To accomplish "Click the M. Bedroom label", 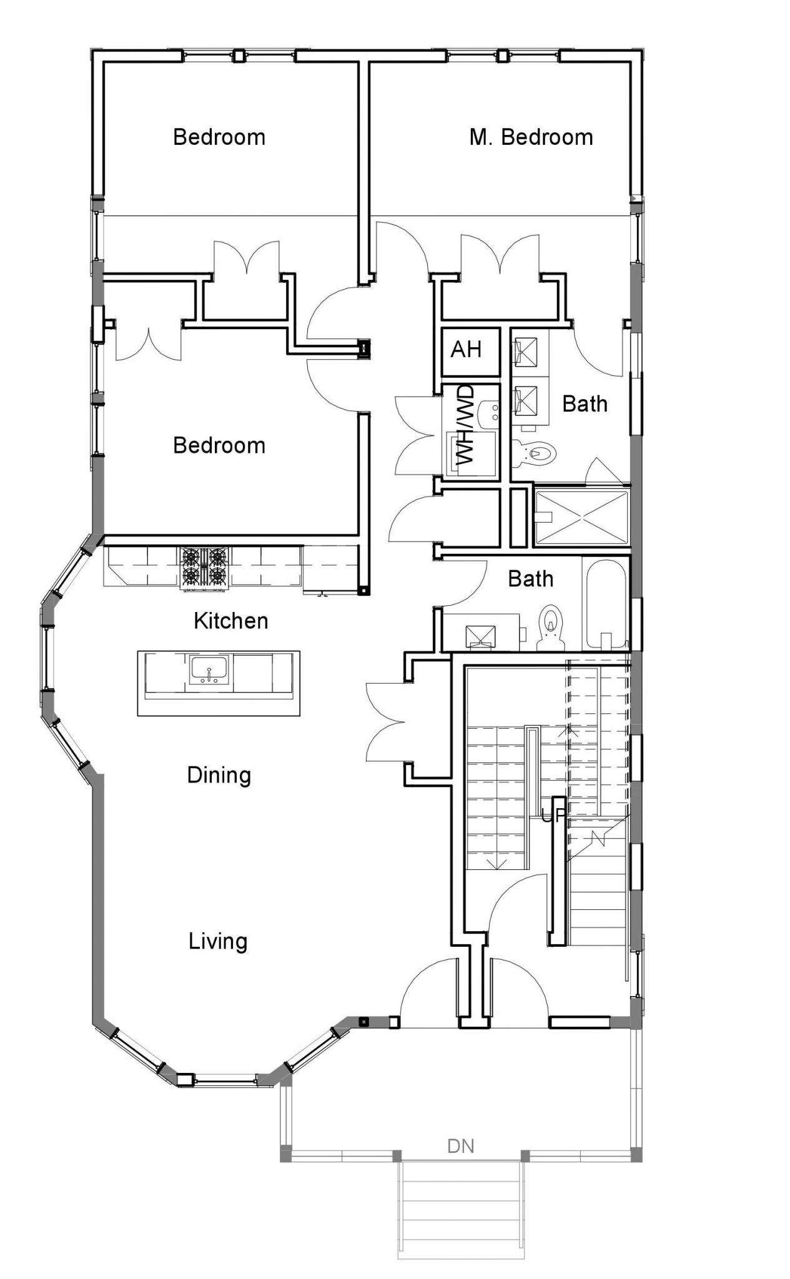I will (531, 137).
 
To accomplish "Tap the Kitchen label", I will (230, 621).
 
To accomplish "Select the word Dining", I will (219, 775).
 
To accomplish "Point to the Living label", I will (218, 941).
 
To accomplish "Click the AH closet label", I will (466, 350).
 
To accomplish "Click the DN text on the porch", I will (461, 1146).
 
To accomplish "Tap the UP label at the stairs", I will (553, 816).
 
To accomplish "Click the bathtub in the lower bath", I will (605, 603).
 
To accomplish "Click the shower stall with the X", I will (581, 517).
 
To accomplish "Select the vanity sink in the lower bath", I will (481, 636).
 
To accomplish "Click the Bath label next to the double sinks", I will (585, 404).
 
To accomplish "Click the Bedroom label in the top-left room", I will (219, 137).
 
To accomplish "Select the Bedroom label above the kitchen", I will (219, 446).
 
